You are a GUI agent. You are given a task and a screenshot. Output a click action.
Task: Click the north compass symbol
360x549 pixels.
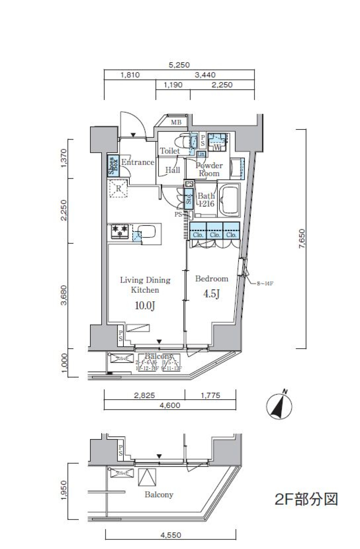click(x=280, y=406)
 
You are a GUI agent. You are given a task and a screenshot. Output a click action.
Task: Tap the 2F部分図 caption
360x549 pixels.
click(x=306, y=499)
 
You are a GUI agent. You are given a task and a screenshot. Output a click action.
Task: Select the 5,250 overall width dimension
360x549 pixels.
click(x=179, y=65)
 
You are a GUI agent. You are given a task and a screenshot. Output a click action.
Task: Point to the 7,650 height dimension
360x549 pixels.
click(x=302, y=239)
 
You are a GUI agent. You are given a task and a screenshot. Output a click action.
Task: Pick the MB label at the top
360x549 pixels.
click(x=176, y=122)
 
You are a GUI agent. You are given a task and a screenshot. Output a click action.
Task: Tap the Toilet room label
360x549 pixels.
click(x=170, y=151)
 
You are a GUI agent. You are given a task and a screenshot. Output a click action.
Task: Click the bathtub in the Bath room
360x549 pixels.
click(x=229, y=200)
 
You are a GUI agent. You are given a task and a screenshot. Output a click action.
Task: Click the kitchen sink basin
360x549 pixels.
click(x=147, y=231)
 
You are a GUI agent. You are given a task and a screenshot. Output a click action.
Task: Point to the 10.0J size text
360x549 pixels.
click(x=145, y=306)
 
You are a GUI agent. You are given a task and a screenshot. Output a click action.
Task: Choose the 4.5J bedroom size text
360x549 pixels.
click(x=211, y=294)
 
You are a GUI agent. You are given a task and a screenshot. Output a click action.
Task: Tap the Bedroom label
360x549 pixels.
click(x=211, y=279)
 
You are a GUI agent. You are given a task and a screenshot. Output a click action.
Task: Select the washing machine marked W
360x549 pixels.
click(x=217, y=142)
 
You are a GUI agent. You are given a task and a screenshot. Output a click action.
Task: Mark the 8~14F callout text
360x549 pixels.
click(x=265, y=284)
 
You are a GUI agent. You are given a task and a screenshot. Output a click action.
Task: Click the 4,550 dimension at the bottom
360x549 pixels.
click(x=171, y=535)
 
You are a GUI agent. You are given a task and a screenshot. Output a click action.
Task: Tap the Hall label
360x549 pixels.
click(x=172, y=170)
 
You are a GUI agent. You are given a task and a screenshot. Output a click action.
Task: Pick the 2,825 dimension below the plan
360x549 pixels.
click(x=144, y=396)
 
